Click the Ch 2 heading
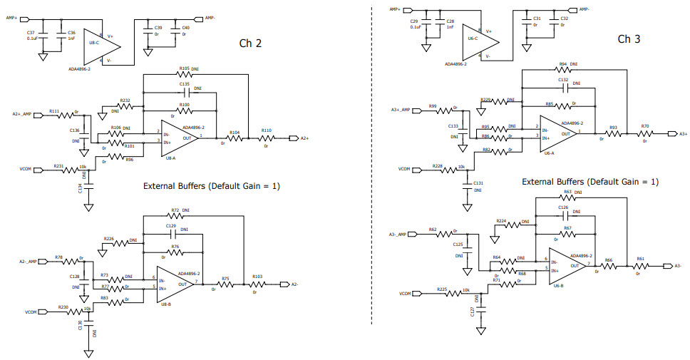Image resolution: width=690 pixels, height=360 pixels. point(249,43)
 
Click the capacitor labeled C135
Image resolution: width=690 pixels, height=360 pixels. point(185,93)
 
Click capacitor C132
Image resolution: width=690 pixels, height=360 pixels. point(564,87)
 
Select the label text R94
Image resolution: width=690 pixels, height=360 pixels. point(563,64)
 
